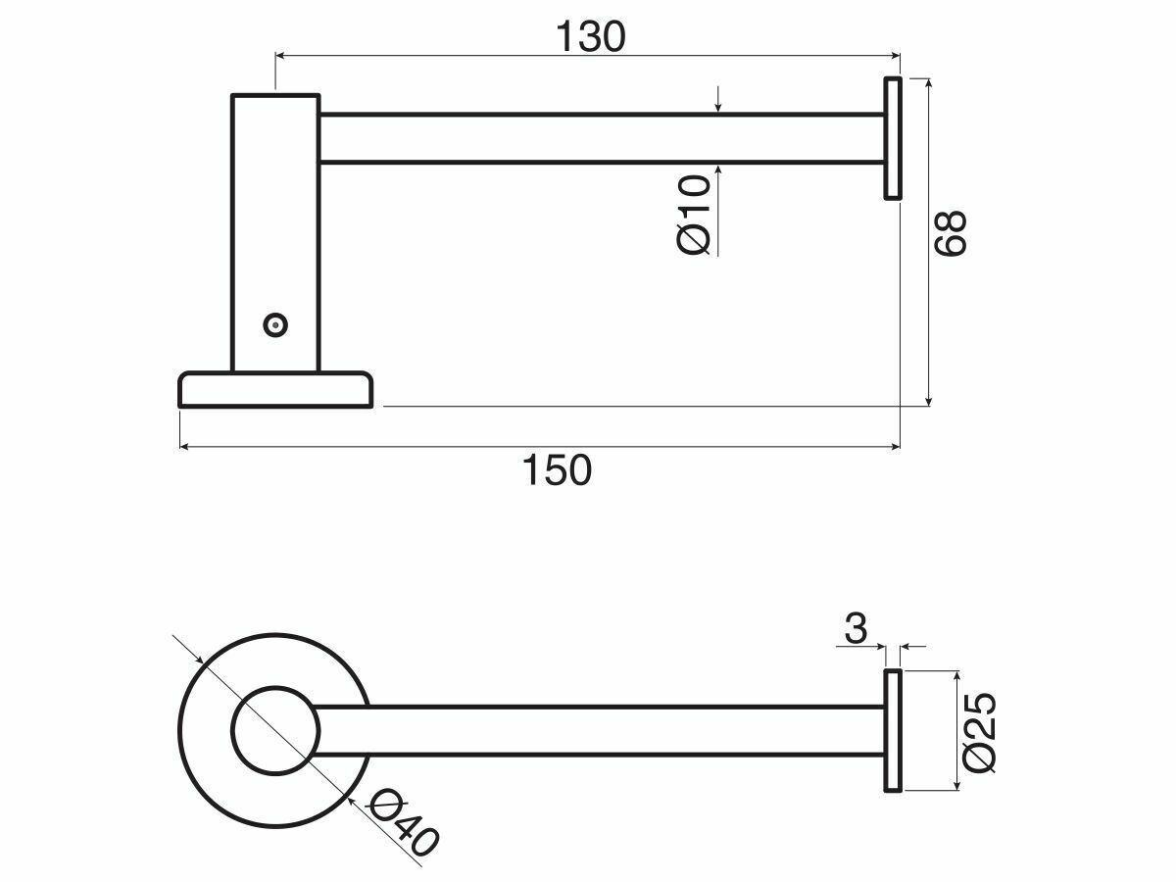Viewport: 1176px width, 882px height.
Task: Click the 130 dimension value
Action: [590, 37]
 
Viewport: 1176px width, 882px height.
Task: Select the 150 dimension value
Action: [557, 470]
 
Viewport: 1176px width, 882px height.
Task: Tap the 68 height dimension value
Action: [950, 233]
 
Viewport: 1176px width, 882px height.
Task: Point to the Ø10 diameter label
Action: [693, 215]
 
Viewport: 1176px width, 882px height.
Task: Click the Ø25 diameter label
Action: [979, 731]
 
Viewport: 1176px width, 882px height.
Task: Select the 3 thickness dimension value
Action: [856, 628]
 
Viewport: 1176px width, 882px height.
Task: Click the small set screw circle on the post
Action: [275, 325]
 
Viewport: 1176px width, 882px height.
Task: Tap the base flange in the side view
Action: [275, 390]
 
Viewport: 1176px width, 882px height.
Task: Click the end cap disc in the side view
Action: [893, 138]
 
